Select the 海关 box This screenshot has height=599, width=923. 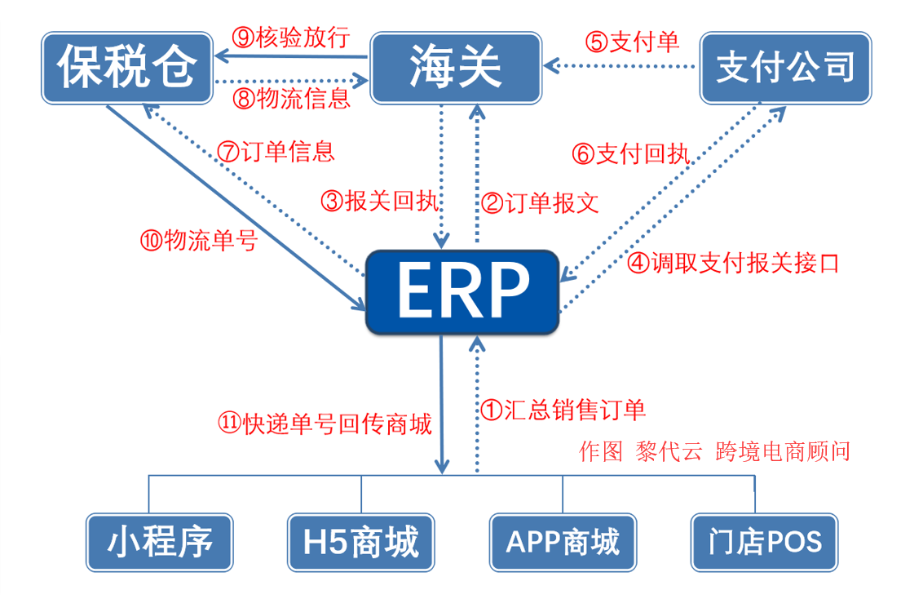click(456, 69)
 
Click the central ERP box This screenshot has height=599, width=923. click(462, 292)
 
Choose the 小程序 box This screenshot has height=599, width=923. click(160, 542)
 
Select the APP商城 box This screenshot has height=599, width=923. click(563, 542)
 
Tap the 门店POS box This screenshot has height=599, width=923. click(764, 542)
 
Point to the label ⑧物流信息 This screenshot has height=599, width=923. click(291, 99)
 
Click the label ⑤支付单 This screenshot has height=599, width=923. click(632, 42)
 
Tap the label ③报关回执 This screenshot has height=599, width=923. click(381, 201)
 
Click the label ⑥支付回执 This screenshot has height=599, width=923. click(631, 154)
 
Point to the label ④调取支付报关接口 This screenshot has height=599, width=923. click(732, 264)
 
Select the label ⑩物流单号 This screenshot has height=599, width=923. click(199, 241)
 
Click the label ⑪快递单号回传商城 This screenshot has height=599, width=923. click(325, 424)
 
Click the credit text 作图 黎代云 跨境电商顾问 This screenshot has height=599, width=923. click(713, 451)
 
